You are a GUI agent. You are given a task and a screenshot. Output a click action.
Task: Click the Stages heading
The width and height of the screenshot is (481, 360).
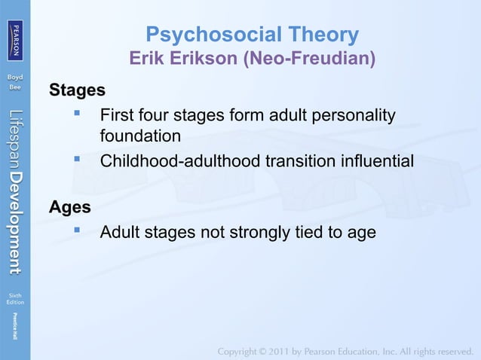coord(77,91)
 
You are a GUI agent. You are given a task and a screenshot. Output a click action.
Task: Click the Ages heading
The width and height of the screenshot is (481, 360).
coord(70,206)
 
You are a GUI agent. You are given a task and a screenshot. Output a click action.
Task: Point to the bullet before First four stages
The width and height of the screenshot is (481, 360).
coord(77,115)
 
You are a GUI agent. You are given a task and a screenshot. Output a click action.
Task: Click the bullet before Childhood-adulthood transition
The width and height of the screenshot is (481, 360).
coord(77,160)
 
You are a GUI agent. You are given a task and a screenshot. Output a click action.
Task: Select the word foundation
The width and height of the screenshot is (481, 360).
coord(140,137)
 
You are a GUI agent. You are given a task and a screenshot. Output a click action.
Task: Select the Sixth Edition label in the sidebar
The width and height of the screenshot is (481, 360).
coord(15,299)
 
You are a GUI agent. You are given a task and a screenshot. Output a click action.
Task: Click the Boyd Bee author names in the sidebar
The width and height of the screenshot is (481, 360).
coord(15,82)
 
